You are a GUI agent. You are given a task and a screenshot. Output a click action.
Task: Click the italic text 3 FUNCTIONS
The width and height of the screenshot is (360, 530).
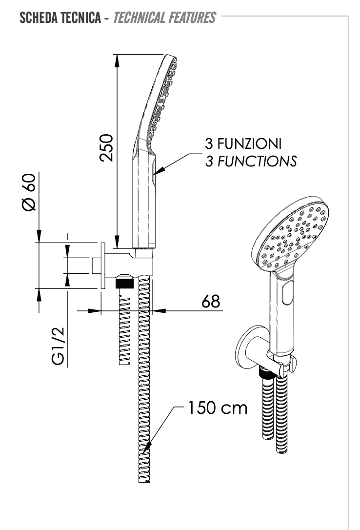tap(251, 161)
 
